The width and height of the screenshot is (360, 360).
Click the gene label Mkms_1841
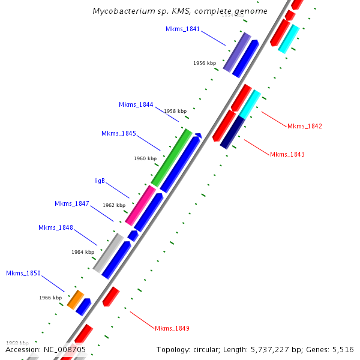click(x=183, y=29)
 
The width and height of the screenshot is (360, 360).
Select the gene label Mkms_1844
click(x=136, y=104)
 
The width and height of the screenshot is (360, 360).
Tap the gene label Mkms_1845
click(x=119, y=133)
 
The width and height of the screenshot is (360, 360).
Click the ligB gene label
click(x=100, y=180)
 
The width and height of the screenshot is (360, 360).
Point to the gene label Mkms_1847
click(x=72, y=203)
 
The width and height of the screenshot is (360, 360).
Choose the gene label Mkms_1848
click(x=56, y=227)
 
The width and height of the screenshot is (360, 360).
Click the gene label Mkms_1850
click(x=23, y=273)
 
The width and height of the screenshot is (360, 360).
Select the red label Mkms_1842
click(x=305, y=126)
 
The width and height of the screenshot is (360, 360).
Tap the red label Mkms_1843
click(x=287, y=154)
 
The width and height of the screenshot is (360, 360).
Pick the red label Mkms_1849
click(x=172, y=328)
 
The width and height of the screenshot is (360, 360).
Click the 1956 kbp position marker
click(x=205, y=62)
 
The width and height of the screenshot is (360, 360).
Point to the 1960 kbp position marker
click(x=145, y=158)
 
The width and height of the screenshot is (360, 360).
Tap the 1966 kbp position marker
click(x=51, y=297)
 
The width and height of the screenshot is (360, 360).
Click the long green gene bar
click(x=172, y=157)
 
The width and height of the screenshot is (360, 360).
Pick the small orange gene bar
click(x=75, y=299)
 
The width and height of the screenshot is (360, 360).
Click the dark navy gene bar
click(x=233, y=132)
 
